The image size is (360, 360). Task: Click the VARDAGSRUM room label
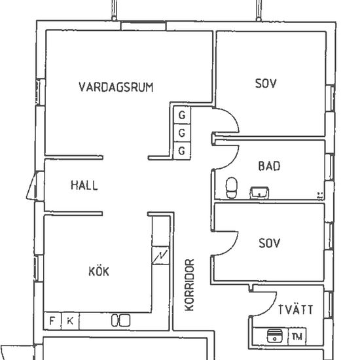coord(116,87)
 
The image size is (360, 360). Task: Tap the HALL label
coord(84,185)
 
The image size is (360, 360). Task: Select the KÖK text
coord(98,272)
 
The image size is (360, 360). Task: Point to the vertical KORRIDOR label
coord(190,285)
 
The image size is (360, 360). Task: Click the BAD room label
coord(268,166)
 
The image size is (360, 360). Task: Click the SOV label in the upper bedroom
coord(266,84)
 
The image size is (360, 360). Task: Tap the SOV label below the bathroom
coord(269,243)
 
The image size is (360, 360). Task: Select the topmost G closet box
coord(181,116)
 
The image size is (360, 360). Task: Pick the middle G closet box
coord(181,134)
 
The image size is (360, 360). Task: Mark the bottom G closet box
coord(181,151)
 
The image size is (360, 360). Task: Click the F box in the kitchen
coord(52,321)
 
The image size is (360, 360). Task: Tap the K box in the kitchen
coord(69,321)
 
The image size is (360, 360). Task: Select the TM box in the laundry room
coord(297,337)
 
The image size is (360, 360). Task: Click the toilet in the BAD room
coord(230,187)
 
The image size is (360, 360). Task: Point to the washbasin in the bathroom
coord(259,192)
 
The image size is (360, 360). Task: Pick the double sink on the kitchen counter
coord(120,320)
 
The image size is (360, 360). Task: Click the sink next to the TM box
coord(274,336)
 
